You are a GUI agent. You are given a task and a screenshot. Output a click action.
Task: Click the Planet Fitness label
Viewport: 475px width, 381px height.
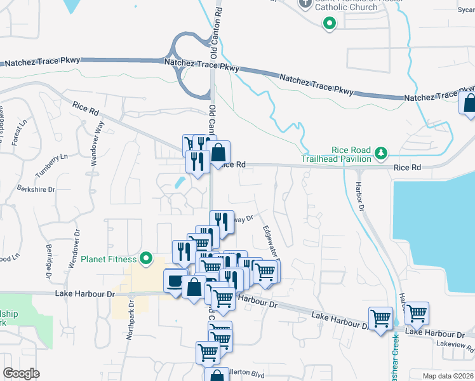[x=109, y=259]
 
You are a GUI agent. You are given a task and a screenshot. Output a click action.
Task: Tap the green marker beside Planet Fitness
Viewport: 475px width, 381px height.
[x=146, y=258]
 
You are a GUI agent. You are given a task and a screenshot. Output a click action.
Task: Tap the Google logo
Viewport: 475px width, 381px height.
[x=21, y=373]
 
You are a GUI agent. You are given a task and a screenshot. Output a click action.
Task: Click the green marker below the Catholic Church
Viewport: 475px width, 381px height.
[x=329, y=25]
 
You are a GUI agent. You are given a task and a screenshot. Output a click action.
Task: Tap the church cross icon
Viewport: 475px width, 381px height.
[x=305, y=3]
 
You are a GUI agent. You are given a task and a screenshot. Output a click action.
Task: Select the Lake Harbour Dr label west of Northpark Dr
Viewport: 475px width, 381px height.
[x=84, y=294]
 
